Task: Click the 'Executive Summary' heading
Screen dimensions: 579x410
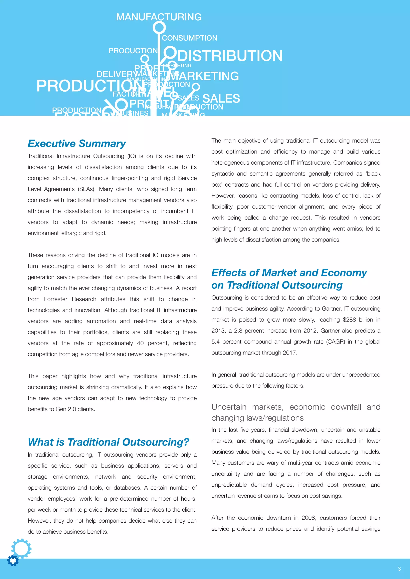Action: pos(77,144)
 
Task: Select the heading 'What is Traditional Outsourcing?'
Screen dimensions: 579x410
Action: pos(109,442)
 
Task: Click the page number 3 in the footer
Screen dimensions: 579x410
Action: pos(399,568)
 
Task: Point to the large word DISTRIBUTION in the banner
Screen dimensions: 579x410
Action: pos(230,56)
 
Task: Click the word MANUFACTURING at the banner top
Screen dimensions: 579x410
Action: pos(159,17)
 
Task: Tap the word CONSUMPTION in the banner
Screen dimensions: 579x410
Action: pos(189,38)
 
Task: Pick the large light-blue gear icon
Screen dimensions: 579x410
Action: pos(21,548)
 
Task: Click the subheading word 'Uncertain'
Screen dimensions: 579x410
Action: pos(229,407)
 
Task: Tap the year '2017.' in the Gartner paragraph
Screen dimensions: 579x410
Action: pos(290,353)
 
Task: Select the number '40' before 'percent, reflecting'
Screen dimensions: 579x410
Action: pos(140,343)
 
